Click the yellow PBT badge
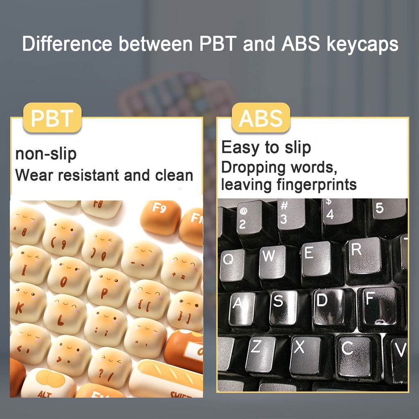[52, 117]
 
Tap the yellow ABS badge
[261, 117]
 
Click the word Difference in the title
[67, 44]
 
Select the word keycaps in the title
[363, 44]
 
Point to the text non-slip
[46, 154]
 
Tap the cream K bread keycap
[26, 303]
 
